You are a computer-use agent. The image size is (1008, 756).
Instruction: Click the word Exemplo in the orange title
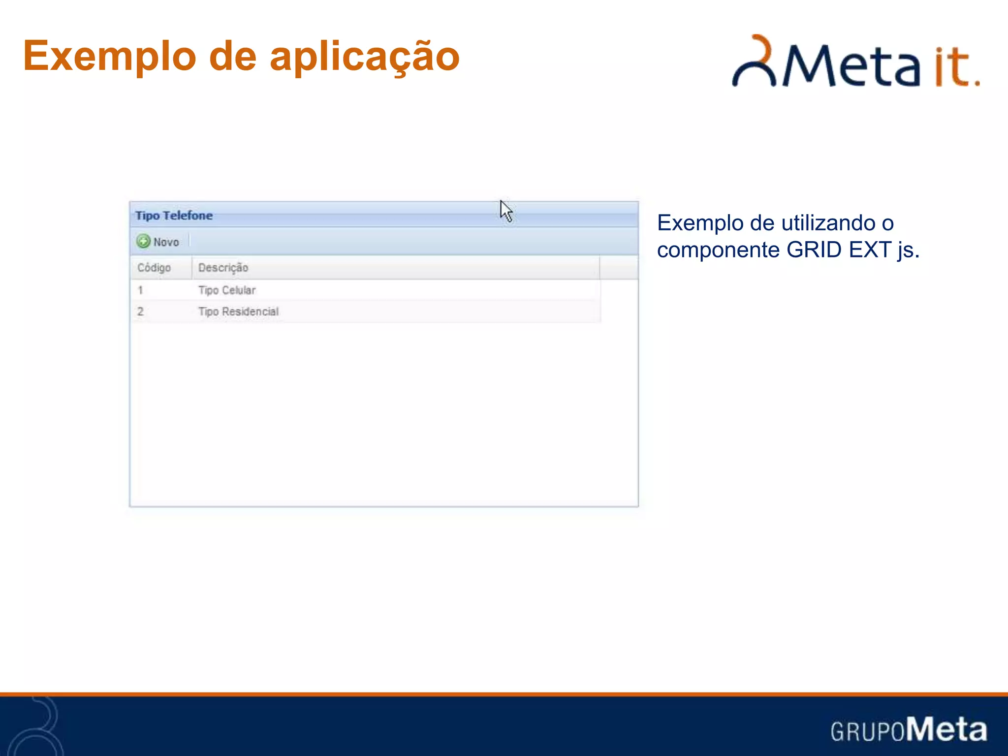tap(109, 57)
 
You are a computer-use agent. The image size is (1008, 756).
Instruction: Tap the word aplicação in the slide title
tap(364, 57)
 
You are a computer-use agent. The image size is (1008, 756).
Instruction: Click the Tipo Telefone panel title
tap(174, 216)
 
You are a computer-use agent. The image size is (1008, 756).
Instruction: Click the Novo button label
tap(166, 242)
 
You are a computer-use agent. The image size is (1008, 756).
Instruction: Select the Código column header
tap(154, 268)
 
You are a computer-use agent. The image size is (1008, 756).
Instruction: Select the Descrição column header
tap(223, 268)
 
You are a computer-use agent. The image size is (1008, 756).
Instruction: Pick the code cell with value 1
tap(140, 290)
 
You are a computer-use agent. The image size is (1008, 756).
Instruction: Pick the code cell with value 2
tap(140, 312)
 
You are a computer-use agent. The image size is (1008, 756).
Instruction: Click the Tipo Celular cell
tap(227, 290)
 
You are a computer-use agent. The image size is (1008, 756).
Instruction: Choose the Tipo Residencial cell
tap(238, 312)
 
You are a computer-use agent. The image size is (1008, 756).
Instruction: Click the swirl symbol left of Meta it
tap(754, 62)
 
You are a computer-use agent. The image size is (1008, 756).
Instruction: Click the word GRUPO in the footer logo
tap(867, 731)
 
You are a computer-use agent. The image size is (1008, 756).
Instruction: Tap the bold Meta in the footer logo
tap(946, 729)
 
